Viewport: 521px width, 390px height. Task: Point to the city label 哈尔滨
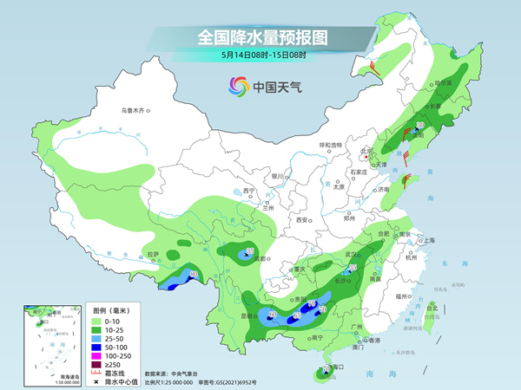tap(443, 83)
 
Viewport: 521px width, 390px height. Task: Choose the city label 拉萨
tap(154, 254)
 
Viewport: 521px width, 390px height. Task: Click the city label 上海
tap(427, 240)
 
